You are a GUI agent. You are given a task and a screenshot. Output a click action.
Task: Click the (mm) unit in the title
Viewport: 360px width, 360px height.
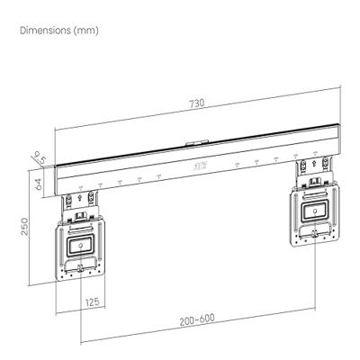88,31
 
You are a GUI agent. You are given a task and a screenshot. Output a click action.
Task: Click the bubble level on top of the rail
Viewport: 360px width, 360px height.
197,142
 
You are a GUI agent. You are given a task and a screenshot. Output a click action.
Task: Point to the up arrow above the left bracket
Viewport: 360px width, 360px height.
80,191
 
